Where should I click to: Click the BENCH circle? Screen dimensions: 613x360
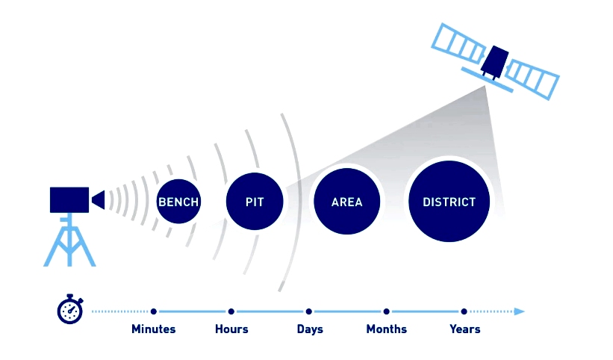(x=178, y=202)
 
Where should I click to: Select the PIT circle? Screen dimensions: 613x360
(x=255, y=202)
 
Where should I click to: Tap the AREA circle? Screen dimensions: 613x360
(x=346, y=202)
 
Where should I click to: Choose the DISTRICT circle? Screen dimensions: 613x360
(x=449, y=202)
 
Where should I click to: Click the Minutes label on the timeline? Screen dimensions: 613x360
(x=153, y=329)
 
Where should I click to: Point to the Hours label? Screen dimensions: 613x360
(x=231, y=329)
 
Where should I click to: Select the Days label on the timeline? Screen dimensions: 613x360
(x=310, y=329)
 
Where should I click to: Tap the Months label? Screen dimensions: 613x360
(x=386, y=329)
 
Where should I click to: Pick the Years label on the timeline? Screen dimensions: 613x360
(x=465, y=329)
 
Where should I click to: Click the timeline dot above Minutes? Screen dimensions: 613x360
(x=154, y=311)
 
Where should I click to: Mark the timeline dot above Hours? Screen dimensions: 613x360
(x=231, y=311)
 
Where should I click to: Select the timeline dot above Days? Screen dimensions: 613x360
(x=309, y=311)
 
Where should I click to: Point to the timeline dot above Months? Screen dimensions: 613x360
(x=386, y=311)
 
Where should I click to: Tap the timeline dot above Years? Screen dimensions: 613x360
(x=464, y=311)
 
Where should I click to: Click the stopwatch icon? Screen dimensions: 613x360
(x=70, y=309)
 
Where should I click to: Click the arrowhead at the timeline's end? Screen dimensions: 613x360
(x=519, y=311)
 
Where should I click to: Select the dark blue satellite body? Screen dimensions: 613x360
(x=494, y=62)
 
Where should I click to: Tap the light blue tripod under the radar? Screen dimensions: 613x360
(x=69, y=240)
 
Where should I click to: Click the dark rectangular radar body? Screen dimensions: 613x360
(x=69, y=199)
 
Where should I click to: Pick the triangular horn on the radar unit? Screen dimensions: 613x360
(x=99, y=199)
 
